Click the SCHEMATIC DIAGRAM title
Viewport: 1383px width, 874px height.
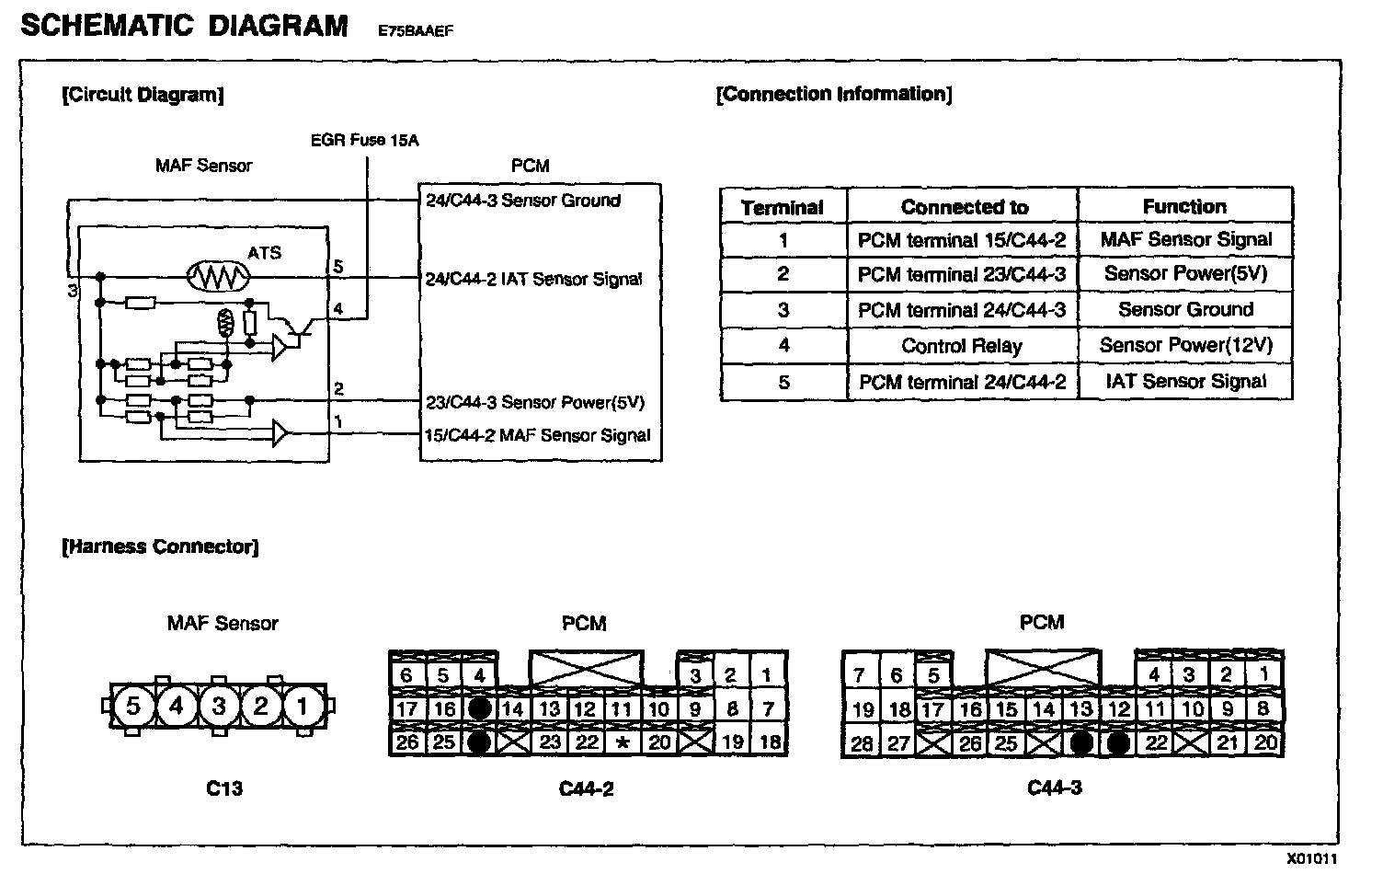pyautogui.click(x=183, y=26)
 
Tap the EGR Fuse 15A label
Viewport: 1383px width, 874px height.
pyautogui.click(x=364, y=141)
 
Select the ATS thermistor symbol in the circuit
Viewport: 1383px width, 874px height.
pyautogui.click(x=218, y=276)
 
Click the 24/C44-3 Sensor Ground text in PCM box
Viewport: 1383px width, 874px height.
pyautogui.click(x=522, y=201)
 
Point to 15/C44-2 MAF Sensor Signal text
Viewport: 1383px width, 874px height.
pyautogui.click(x=537, y=435)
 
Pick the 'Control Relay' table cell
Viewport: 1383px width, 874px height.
pyautogui.click(x=961, y=346)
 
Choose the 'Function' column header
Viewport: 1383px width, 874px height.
pyautogui.click(x=1184, y=207)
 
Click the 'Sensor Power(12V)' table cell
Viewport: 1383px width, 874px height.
pyautogui.click(x=1185, y=346)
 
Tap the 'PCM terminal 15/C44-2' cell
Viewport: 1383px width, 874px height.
pyautogui.click(x=961, y=240)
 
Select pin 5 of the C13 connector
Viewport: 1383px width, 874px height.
pyautogui.click(x=133, y=707)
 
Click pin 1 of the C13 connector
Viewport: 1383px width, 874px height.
pyautogui.click(x=301, y=707)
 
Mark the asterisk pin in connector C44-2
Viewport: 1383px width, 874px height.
pyautogui.click(x=623, y=742)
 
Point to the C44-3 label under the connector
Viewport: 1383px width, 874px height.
pyautogui.click(x=1054, y=788)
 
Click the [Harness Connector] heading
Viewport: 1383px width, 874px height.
pyautogui.click(x=160, y=546)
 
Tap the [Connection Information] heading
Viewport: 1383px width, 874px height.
pyautogui.click(x=834, y=94)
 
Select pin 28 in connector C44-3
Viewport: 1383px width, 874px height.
pyautogui.click(x=861, y=742)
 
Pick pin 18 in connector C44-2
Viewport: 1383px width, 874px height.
pyautogui.click(x=770, y=742)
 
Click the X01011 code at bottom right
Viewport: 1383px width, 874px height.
pyautogui.click(x=1312, y=859)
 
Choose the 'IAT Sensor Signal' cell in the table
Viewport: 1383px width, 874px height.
pyautogui.click(x=1185, y=382)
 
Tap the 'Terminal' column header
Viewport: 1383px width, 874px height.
pyautogui.click(x=783, y=207)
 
